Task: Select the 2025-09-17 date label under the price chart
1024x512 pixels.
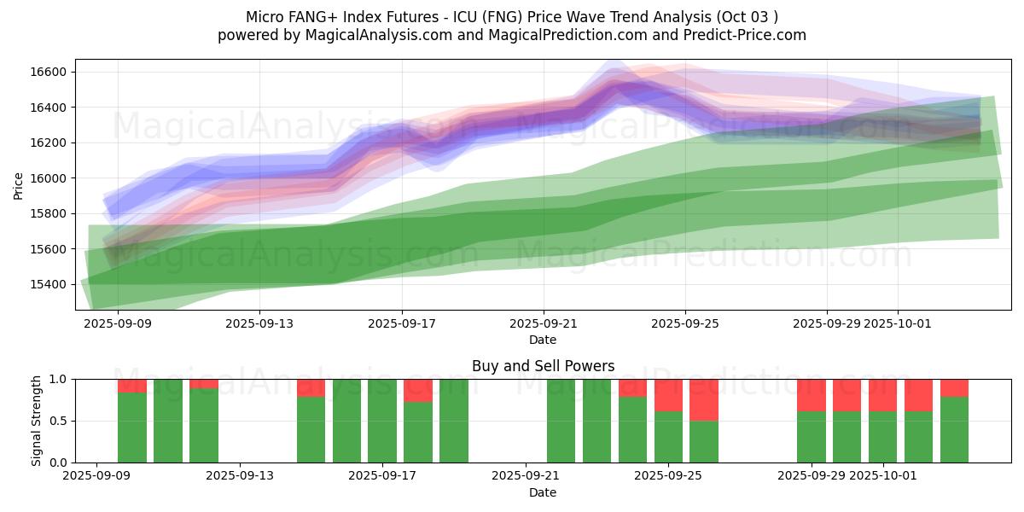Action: tap(401, 323)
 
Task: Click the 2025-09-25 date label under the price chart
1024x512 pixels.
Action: tap(684, 323)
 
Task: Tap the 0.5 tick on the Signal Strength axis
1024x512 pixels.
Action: tap(61, 421)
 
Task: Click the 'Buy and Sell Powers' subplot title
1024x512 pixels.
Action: tap(543, 366)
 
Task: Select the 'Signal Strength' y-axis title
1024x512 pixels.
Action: tap(36, 421)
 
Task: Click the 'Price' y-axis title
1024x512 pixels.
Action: tap(19, 184)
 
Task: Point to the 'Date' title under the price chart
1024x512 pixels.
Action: tap(543, 340)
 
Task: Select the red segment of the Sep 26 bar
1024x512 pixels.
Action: tap(704, 399)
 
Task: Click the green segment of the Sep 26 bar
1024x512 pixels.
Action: tap(704, 441)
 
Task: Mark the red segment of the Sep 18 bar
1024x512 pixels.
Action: tap(418, 390)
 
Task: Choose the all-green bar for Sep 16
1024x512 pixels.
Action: tap(347, 421)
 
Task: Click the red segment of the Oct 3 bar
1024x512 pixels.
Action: tap(954, 387)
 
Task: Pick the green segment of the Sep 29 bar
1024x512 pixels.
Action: tap(812, 437)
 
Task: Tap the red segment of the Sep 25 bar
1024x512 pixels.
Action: tap(668, 395)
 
